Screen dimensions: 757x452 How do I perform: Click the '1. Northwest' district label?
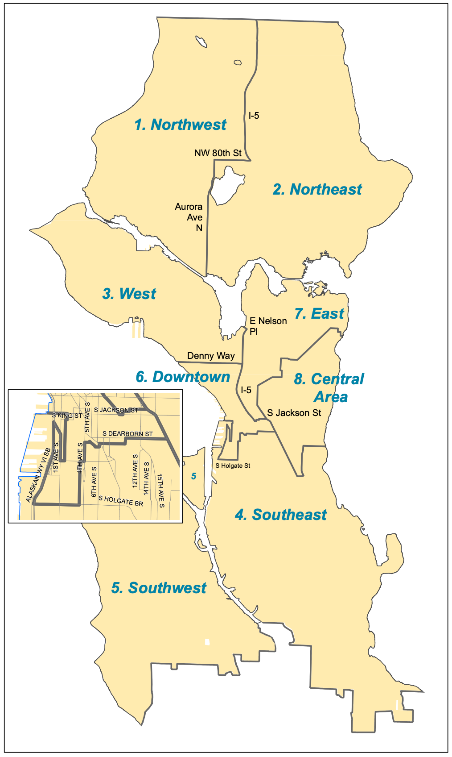point(181,125)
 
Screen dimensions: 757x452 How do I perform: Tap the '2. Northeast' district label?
point(317,189)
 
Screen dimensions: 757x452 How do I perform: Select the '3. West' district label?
point(129,294)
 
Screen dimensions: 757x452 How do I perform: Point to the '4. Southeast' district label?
point(281,515)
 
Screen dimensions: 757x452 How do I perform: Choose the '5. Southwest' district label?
point(159,588)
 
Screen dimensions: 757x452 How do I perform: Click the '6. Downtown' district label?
point(183,377)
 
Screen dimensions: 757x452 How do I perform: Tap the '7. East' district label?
point(319,314)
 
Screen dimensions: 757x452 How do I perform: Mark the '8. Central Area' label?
point(329,387)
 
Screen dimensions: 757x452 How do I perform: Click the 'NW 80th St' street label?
point(218,153)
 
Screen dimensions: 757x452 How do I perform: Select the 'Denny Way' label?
point(211,356)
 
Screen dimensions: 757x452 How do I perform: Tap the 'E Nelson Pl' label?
point(267,326)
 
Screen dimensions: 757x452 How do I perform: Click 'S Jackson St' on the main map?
point(294,413)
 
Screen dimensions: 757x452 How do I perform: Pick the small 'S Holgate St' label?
point(233,466)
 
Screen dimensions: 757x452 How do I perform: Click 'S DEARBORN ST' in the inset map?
point(127,433)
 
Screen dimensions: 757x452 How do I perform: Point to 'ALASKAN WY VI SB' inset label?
point(38,475)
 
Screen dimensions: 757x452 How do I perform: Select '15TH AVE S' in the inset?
point(160,491)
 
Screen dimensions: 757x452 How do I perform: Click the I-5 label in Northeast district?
point(254,116)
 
